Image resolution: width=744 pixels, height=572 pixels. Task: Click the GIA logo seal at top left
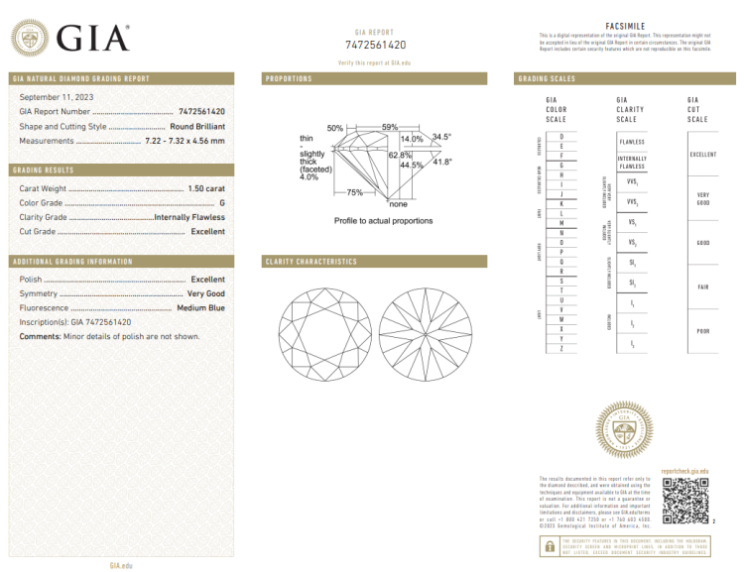pos(30,38)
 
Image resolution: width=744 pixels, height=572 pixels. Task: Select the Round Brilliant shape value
pos(196,127)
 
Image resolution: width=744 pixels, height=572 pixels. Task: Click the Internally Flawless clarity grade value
pos(189,217)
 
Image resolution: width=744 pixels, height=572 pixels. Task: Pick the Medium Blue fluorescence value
pos(200,308)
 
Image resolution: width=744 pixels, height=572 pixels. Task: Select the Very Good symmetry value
pos(205,294)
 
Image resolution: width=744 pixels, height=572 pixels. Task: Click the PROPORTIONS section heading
pos(289,78)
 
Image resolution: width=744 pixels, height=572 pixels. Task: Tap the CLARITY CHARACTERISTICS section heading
pos(310,262)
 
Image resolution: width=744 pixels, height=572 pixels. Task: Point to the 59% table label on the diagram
pos(390,127)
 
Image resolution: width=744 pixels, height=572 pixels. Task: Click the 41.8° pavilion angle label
pos(441,162)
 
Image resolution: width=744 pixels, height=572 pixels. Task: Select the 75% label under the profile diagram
pos(354,192)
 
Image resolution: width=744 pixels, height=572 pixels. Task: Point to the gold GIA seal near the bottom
pos(624,429)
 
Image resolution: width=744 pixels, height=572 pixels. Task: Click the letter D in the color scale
pos(561,136)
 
